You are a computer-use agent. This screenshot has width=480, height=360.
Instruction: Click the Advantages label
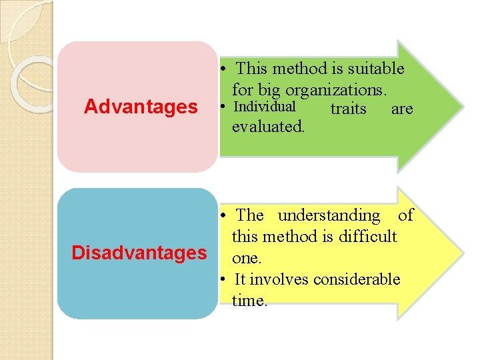tap(141, 107)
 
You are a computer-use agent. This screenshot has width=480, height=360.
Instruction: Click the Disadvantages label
tap(139, 253)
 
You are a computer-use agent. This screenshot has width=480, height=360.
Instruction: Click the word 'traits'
tap(348, 109)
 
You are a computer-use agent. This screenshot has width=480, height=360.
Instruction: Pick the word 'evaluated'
tap(267, 127)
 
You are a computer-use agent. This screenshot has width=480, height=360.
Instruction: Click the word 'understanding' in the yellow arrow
tap(329, 215)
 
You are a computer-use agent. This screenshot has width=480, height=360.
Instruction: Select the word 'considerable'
tap(358, 279)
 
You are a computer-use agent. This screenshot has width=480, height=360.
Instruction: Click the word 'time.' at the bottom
tap(249, 301)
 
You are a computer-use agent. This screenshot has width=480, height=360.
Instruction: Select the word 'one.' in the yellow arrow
tap(247, 258)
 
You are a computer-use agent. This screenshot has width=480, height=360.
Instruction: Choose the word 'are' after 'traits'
tap(402, 109)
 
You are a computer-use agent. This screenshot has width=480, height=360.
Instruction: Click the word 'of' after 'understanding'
tap(405, 215)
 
